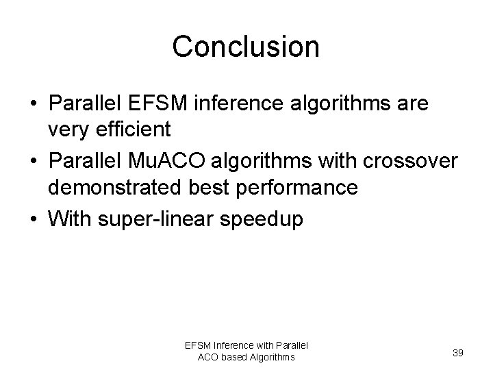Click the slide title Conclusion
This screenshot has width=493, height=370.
(246, 47)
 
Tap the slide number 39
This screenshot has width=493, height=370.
(459, 352)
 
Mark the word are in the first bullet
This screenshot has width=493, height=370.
(412, 103)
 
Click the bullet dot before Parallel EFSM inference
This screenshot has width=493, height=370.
(34, 104)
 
